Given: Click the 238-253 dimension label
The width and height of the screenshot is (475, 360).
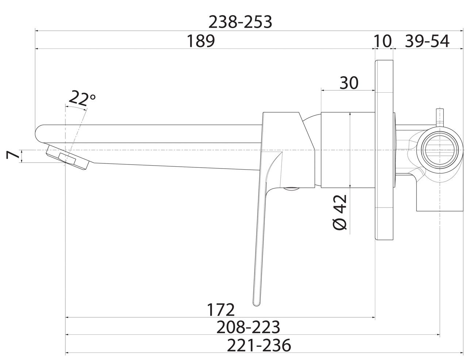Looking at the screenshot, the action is [240, 22].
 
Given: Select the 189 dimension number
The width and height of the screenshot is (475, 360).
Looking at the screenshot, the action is [201, 41].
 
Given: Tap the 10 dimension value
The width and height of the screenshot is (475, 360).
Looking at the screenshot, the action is [383, 41].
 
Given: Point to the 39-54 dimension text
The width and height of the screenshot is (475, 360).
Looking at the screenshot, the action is [427, 41].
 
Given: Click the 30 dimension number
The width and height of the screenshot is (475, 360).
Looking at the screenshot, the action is [349, 83].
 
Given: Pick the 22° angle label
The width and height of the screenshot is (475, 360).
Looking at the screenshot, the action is [82, 98].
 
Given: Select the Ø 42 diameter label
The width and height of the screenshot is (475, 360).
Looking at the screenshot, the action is [340, 212].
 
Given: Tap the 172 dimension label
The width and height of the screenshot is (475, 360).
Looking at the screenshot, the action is [221, 310].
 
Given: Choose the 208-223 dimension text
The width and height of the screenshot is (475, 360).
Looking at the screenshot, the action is [248, 327].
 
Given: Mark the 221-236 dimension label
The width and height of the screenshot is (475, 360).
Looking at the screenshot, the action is [259, 345].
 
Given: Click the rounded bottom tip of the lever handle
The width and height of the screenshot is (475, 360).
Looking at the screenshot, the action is [257, 304].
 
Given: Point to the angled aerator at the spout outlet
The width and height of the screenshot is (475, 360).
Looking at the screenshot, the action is [68, 157].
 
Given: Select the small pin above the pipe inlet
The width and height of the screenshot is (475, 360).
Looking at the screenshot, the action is [440, 118].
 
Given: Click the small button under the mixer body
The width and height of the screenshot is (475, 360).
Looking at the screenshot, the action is [291, 189].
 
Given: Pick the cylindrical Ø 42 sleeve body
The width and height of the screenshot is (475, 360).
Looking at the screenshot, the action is [348, 150].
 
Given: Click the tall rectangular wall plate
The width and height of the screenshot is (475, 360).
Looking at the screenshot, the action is [384, 150].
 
